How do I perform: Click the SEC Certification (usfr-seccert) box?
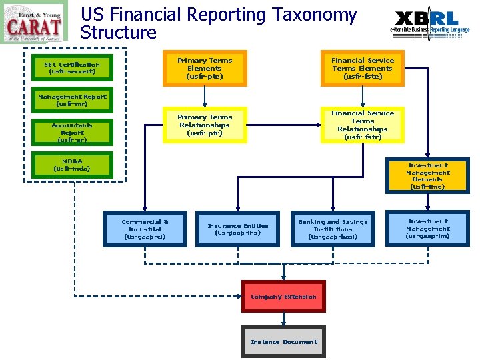[x=72, y=68]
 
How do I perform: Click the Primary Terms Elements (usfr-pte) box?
[x=205, y=69]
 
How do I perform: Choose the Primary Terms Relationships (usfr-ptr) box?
[x=205, y=125]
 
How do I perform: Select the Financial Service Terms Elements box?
[x=363, y=69]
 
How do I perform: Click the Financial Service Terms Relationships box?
[x=363, y=125]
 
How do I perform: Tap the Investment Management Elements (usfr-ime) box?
[x=427, y=176]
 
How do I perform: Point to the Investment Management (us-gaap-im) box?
[x=428, y=229]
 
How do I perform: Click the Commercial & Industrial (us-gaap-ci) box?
[x=145, y=229]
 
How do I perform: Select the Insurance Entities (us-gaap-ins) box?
[x=238, y=229]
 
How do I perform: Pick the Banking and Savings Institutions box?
[x=333, y=229]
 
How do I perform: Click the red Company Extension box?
[x=283, y=297]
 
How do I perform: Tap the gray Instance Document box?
[x=283, y=342]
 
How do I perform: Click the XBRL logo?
[x=429, y=23]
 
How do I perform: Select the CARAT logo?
[x=34, y=23]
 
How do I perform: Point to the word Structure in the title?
[x=119, y=33]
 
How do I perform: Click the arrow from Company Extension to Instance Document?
[x=283, y=319]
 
